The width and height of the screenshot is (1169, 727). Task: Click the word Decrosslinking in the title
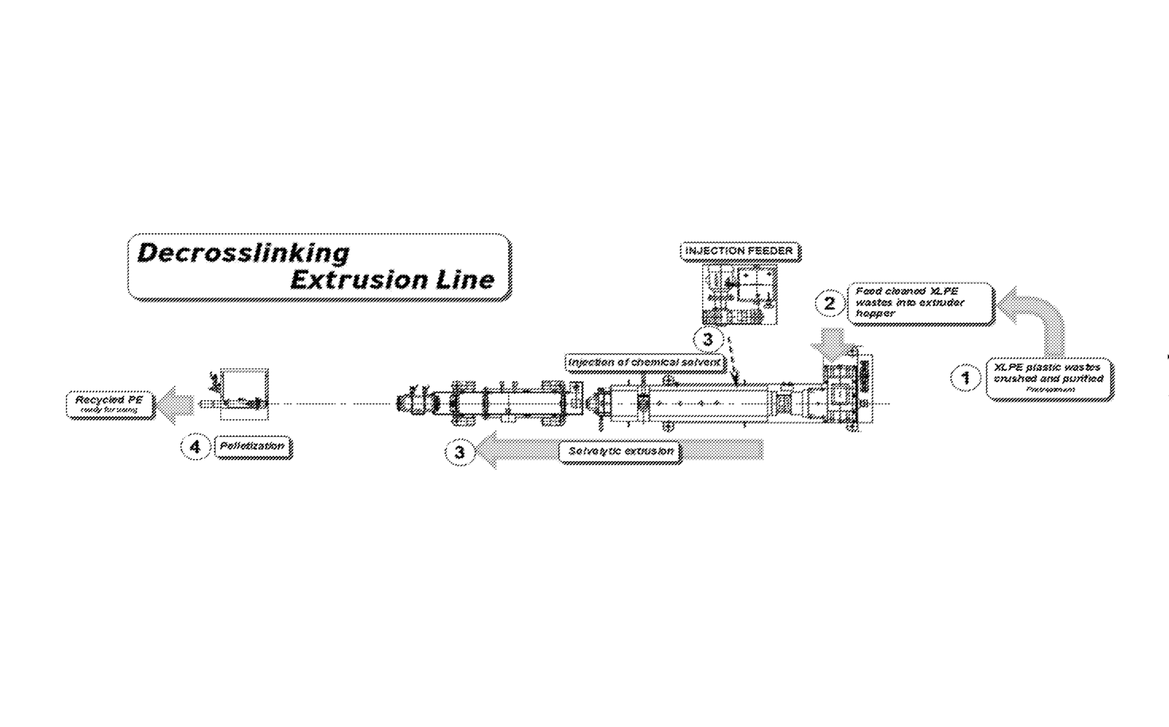(244, 253)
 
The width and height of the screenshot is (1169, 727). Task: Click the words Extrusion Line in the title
(392, 280)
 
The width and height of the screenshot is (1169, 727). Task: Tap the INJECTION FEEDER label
(739, 251)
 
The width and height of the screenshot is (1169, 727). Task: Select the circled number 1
(965, 378)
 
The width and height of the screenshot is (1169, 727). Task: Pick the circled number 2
(829, 303)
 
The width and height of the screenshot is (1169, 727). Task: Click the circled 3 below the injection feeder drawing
(707, 339)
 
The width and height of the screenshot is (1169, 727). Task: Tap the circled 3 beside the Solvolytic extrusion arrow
(460, 452)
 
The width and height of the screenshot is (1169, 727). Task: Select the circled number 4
(195, 447)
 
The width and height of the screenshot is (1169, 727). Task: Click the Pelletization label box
(253, 447)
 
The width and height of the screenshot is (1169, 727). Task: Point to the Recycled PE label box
(110, 404)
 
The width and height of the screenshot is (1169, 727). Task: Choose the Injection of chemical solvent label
(644, 363)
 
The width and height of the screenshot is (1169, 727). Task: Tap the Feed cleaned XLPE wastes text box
(920, 303)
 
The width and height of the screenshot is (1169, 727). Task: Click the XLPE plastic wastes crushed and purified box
(1048, 379)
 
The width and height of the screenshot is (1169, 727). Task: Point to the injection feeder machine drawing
(739, 294)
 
